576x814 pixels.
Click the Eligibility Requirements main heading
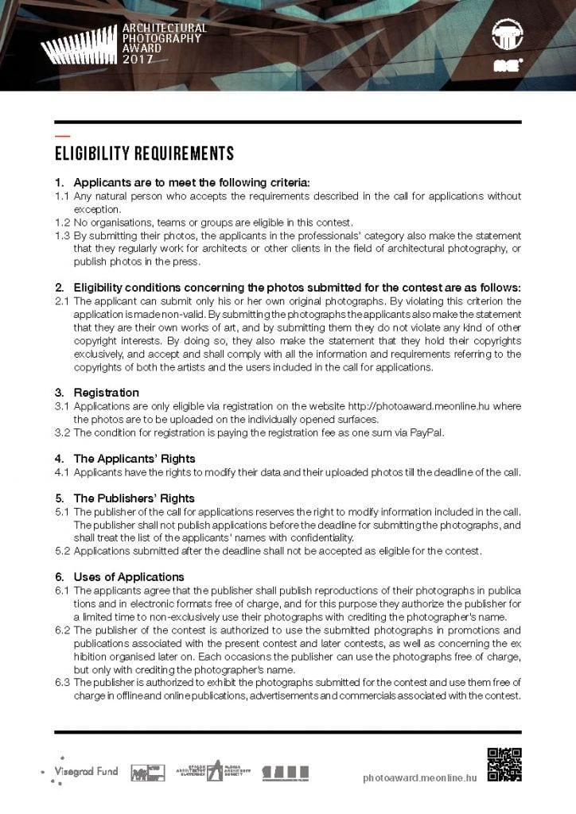pyautogui.click(x=144, y=153)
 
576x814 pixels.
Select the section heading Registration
pyautogui.click(x=106, y=393)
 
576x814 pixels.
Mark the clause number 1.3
pyautogui.click(x=62, y=236)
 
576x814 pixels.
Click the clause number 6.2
pyautogui.click(x=62, y=630)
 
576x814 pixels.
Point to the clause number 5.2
pyautogui.click(x=62, y=550)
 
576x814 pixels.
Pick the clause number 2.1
pyautogui.click(x=62, y=301)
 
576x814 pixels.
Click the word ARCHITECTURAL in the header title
pyautogui.click(x=165, y=28)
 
